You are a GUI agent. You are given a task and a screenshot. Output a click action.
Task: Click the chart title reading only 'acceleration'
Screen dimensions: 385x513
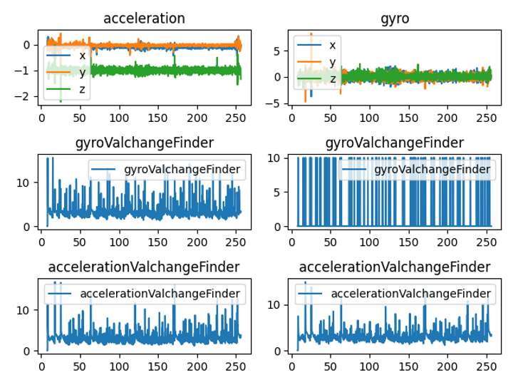coord(144,19)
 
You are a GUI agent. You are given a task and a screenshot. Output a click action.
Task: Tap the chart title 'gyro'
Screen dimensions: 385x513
coord(395,19)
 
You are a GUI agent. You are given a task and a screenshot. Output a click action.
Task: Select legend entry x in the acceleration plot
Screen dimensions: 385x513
coord(83,55)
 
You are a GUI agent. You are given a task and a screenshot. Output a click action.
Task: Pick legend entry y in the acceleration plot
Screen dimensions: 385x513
coord(83,72)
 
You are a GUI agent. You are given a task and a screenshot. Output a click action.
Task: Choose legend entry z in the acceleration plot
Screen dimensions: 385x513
coord(83,88)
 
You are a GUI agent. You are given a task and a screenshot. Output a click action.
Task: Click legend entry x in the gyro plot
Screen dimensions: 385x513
coord(332,45)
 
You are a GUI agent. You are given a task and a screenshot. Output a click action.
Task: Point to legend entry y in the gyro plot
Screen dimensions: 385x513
coord(332,61)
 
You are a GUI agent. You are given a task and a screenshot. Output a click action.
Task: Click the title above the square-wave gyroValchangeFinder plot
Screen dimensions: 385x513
coord(395,143)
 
